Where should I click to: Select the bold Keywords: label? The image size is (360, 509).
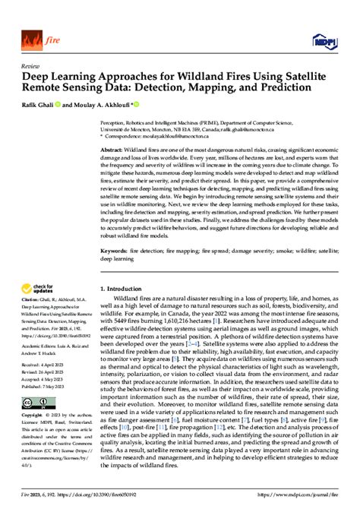point(115,249)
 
